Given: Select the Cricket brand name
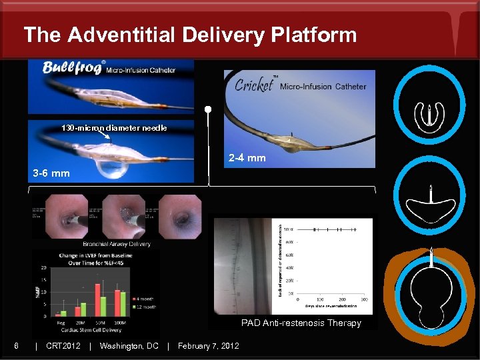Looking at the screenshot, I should pyautogui.click(x=254, y=85).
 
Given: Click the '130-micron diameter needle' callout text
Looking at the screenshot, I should pyautogui.click(x=114, y=127).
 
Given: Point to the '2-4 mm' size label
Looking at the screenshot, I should pyautogui.click(x=247, y=158).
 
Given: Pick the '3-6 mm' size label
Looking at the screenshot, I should pyautogui.click(x=51, y=173).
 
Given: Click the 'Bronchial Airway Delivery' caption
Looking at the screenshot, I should pyautogui.click(x=117, y=244).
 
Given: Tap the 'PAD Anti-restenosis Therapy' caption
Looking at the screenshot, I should pyautogui.click(x=301, y=323).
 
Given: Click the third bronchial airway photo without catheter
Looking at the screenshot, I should pyautogui.click(x=180, y=216).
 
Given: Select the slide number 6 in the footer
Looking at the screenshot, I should pyautogui.click(x=16, y=345).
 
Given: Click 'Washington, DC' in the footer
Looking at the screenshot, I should pyautogui.click(x=129, y=345).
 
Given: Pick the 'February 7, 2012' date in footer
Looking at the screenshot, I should pyautogui.click(x=208, y=345).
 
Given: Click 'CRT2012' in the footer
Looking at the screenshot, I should pyautogui.click(x=63, y=345).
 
